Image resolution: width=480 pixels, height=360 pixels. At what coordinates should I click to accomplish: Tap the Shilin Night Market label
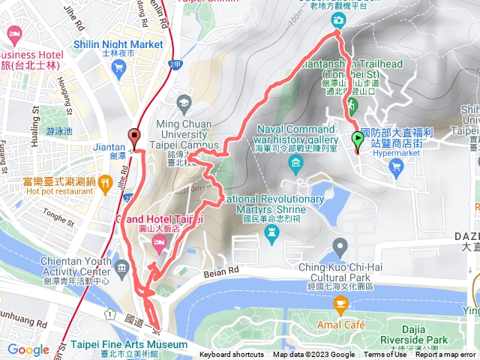pos(118,44)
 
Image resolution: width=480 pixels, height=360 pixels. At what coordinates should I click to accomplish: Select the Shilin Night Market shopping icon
pos(117,67)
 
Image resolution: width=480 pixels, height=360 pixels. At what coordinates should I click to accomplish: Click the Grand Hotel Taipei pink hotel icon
pos(159,241)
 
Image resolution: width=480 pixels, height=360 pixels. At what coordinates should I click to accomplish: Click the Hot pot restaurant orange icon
pos(105,181)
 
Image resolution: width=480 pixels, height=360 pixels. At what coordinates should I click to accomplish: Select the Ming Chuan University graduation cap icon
pos(184,101)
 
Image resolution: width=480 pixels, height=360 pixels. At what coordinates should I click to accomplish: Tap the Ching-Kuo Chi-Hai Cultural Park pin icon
pos(341,246)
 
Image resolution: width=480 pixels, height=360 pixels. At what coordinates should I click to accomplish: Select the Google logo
pos(28,349)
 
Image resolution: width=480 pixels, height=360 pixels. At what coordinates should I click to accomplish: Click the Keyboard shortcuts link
pos(232,355)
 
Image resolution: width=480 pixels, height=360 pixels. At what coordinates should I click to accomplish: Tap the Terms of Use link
pos(385,355)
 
